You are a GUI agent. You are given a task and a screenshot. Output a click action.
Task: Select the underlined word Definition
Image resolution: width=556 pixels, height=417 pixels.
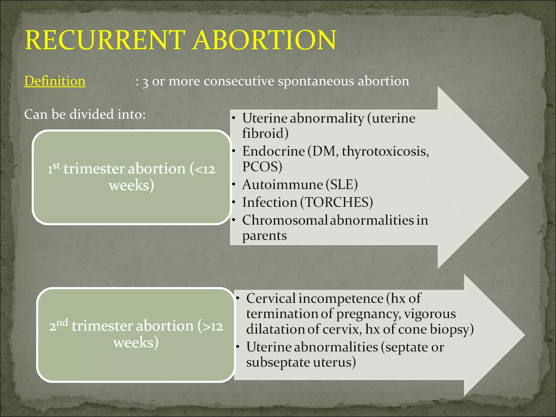55,81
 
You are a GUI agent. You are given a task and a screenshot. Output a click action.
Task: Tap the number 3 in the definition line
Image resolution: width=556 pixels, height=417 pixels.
145,82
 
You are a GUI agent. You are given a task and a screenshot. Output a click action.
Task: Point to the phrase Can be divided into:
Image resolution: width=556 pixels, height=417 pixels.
85,114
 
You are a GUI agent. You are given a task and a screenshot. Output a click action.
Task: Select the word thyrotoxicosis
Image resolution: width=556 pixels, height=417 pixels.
385,151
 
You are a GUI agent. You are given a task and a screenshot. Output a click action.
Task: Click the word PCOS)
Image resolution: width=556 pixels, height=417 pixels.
262,166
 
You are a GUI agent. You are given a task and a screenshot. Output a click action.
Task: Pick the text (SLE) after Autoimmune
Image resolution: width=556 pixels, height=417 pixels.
342,185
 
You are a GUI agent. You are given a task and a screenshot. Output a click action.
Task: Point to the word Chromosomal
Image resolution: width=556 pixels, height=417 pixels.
285,220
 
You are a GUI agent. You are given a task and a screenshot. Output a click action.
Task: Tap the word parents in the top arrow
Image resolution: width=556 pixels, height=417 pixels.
264,236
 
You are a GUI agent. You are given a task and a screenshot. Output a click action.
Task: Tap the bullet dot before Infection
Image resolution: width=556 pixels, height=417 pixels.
233,202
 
